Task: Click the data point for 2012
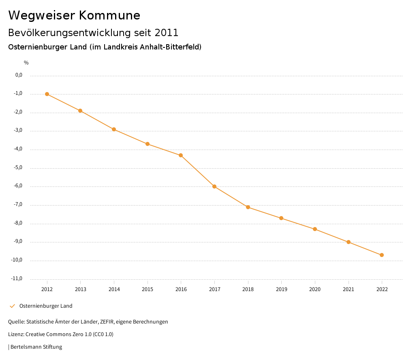click(47, 94)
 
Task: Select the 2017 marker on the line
click(214, 186)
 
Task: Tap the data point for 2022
click(382, 255)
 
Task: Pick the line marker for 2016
click(181, 155)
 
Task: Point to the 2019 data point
click(281, 218)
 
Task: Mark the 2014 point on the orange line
click(114, 129)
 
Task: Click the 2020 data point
click(315, 229)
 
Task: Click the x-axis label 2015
click(148, 289)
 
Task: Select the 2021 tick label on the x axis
click(349, 289)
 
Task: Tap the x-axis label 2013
click(81, 289)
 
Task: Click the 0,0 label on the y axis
click(19, 75)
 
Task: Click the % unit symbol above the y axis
click(26, 63)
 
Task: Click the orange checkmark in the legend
click(12, 306)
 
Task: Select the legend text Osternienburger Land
click(46, 306)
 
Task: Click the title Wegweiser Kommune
click(74, 15)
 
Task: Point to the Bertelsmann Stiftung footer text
click(36, 347)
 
